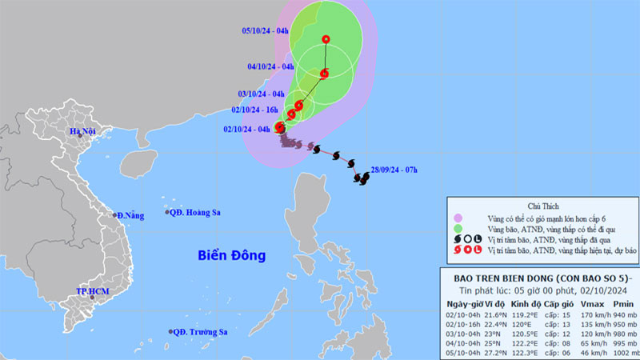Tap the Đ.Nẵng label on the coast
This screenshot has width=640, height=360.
click(x=130, y=215)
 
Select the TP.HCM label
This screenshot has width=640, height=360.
click(x=92, y=293)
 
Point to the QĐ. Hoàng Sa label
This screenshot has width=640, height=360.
click(x=196, y=212)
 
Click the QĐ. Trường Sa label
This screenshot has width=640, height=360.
click(x=201, y=332)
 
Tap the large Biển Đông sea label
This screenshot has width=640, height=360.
click(x=232, y=256)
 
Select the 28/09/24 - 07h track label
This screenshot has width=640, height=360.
click(x=394, y=170)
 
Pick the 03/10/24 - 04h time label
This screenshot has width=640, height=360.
click(x=262, y=94)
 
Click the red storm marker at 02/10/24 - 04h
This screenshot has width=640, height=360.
click(x=280, y=126)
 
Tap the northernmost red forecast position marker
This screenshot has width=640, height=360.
click(x=326, y=39)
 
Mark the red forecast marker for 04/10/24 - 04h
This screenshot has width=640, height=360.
click(x=324, y=74)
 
